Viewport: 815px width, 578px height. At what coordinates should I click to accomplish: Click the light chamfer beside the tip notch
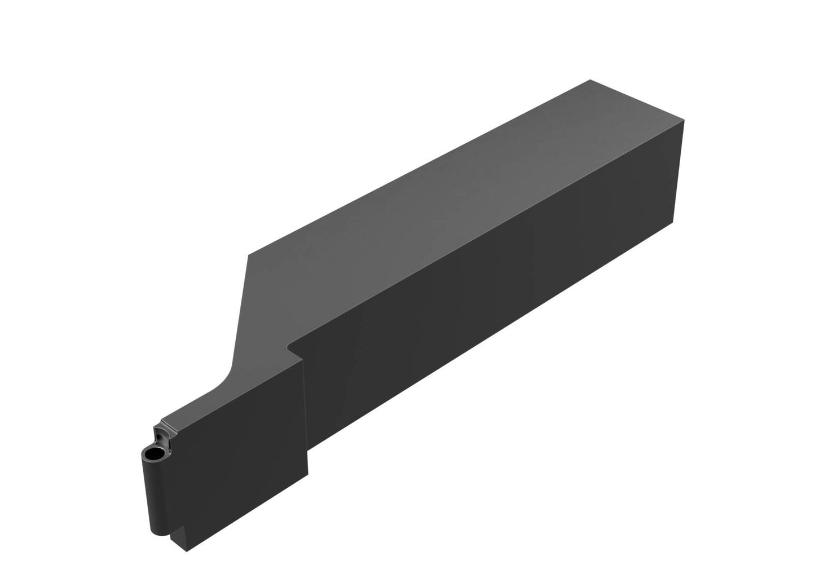[168, 422]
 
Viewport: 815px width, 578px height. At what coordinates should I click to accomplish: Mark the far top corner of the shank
[590, 80]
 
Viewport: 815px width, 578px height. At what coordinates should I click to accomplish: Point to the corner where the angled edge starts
[248, 255]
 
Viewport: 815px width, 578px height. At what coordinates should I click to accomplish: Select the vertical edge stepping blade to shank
[305, 406]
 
